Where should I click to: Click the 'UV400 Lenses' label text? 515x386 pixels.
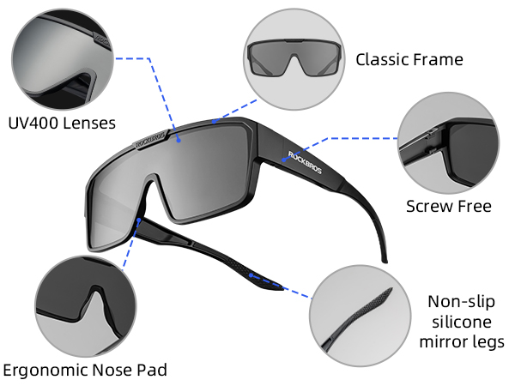(62, 124)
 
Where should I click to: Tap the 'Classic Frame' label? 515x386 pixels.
(409, 60)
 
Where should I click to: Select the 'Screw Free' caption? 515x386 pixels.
(449, 207)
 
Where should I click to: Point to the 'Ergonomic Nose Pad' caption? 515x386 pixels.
(85, 370)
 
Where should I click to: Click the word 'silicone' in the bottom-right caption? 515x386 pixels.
(462, 322)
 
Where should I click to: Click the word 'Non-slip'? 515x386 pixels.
(462, 302)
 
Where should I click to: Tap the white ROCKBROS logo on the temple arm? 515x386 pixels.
(305, 162)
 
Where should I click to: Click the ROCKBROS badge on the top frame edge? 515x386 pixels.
(152, 140)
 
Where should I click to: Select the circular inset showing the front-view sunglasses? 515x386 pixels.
(294, 59)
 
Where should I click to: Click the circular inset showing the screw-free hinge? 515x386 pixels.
(448, 142)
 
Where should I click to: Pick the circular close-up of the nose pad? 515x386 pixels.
(86, 306)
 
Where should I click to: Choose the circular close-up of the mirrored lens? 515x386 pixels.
(63, 59)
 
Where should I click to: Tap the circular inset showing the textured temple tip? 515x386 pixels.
(360, 316)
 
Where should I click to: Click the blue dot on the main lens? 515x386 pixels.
(179, 140)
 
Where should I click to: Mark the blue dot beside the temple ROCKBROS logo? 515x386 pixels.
(284, 160)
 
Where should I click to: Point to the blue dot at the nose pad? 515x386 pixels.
(139, 220)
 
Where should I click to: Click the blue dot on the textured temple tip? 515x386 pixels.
(251, 275)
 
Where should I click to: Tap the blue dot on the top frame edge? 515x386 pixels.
(214, 122)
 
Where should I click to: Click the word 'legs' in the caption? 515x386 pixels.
(488, 342)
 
